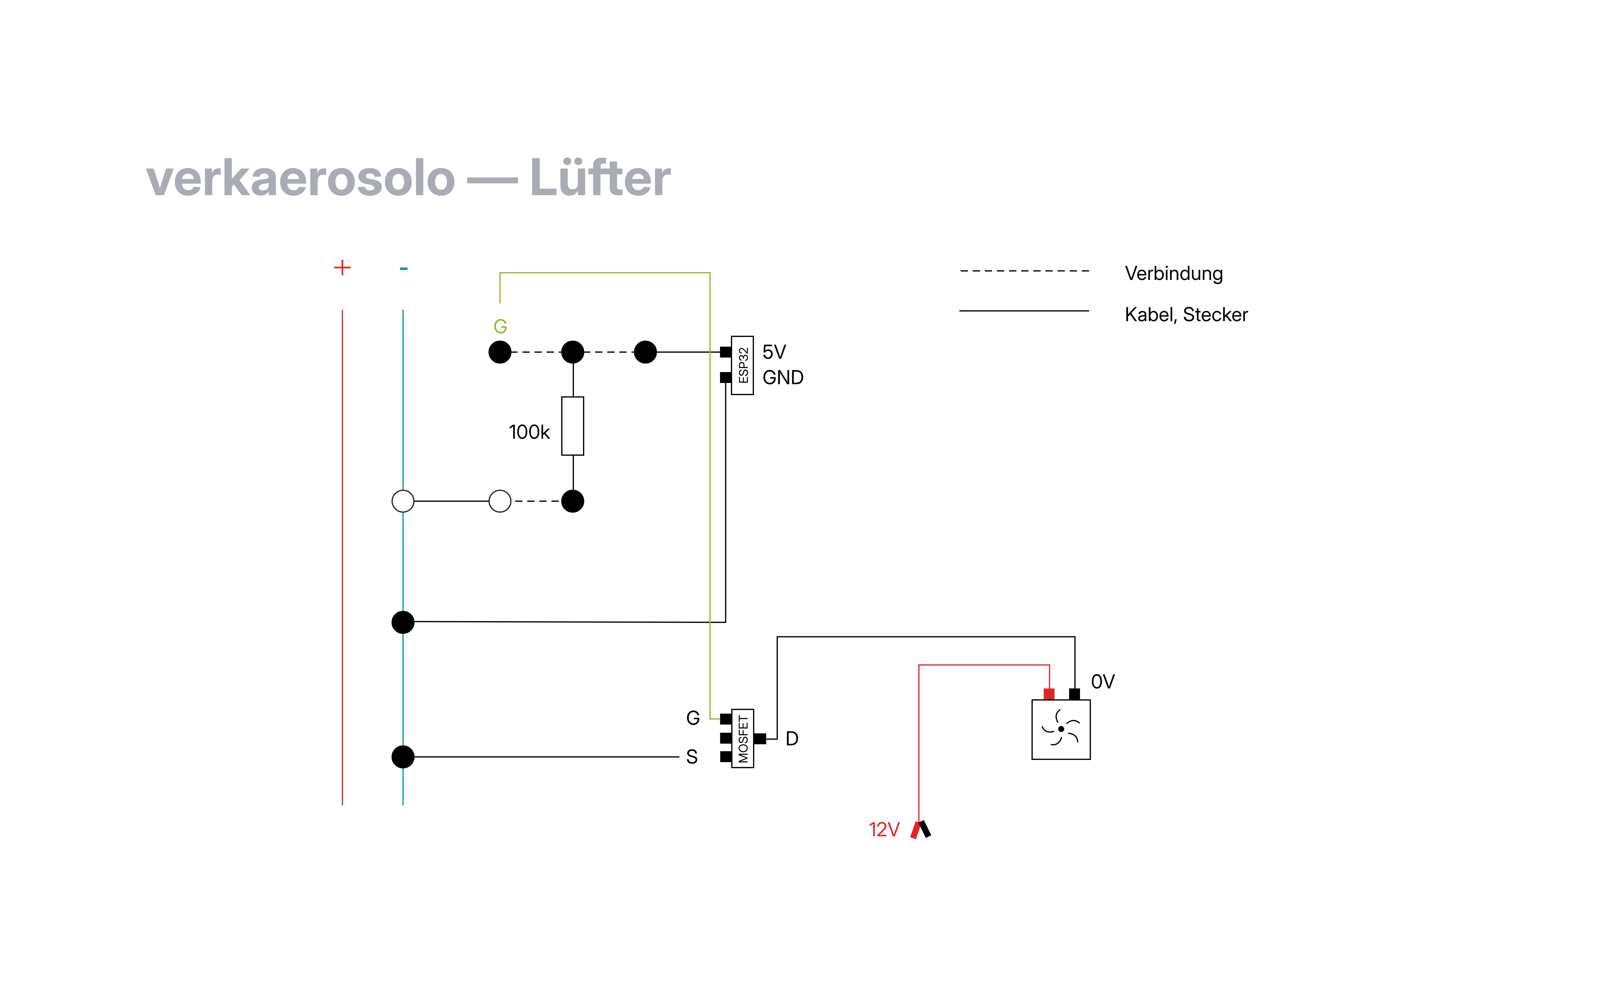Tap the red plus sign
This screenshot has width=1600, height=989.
[x=342, y=268]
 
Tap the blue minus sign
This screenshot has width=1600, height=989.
[x=404, y=268]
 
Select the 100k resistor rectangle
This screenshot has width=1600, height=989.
[x=572, y=426]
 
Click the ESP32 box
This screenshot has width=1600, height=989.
[x=742, y=365]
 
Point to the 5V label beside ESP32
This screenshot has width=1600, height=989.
[x=774, y=352]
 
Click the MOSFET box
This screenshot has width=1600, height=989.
[x=742, y=738]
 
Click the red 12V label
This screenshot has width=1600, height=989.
[x=884, y=829]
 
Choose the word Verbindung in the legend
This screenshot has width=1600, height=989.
[x=1174, y=273]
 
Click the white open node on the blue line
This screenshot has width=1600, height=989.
[x=403, y=501]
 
